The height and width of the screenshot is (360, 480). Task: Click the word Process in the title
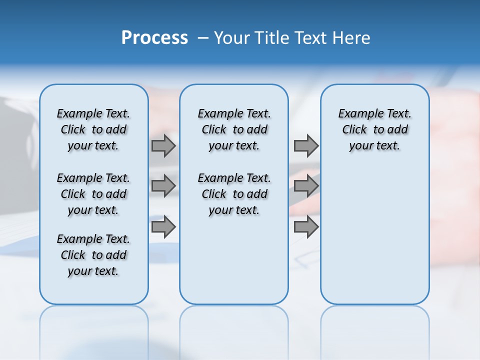click(154, 37)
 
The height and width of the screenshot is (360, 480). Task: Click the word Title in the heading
click(270, 38)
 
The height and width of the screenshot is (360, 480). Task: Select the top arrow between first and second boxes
click(163, 145)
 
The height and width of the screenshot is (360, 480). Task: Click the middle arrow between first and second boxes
click(163, 186)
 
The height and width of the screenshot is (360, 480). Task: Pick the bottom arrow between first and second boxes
click(163, 227)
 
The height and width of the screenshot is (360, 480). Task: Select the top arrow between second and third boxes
click(306, 145)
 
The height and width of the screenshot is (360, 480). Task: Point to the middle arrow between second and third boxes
click(306, 186)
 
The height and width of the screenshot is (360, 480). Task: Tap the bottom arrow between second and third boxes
click(306, 227)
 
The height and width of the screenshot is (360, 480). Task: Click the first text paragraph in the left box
click(93, 129)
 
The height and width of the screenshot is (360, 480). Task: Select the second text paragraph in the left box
click(93, 194)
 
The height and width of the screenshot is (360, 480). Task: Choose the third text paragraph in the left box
click(93, 255)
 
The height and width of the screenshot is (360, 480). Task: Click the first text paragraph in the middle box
click(234, 129)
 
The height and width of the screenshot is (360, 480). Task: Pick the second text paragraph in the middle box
click(234, 194)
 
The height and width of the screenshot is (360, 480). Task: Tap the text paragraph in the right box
click(374, 129)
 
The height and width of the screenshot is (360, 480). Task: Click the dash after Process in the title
click(203, 38)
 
